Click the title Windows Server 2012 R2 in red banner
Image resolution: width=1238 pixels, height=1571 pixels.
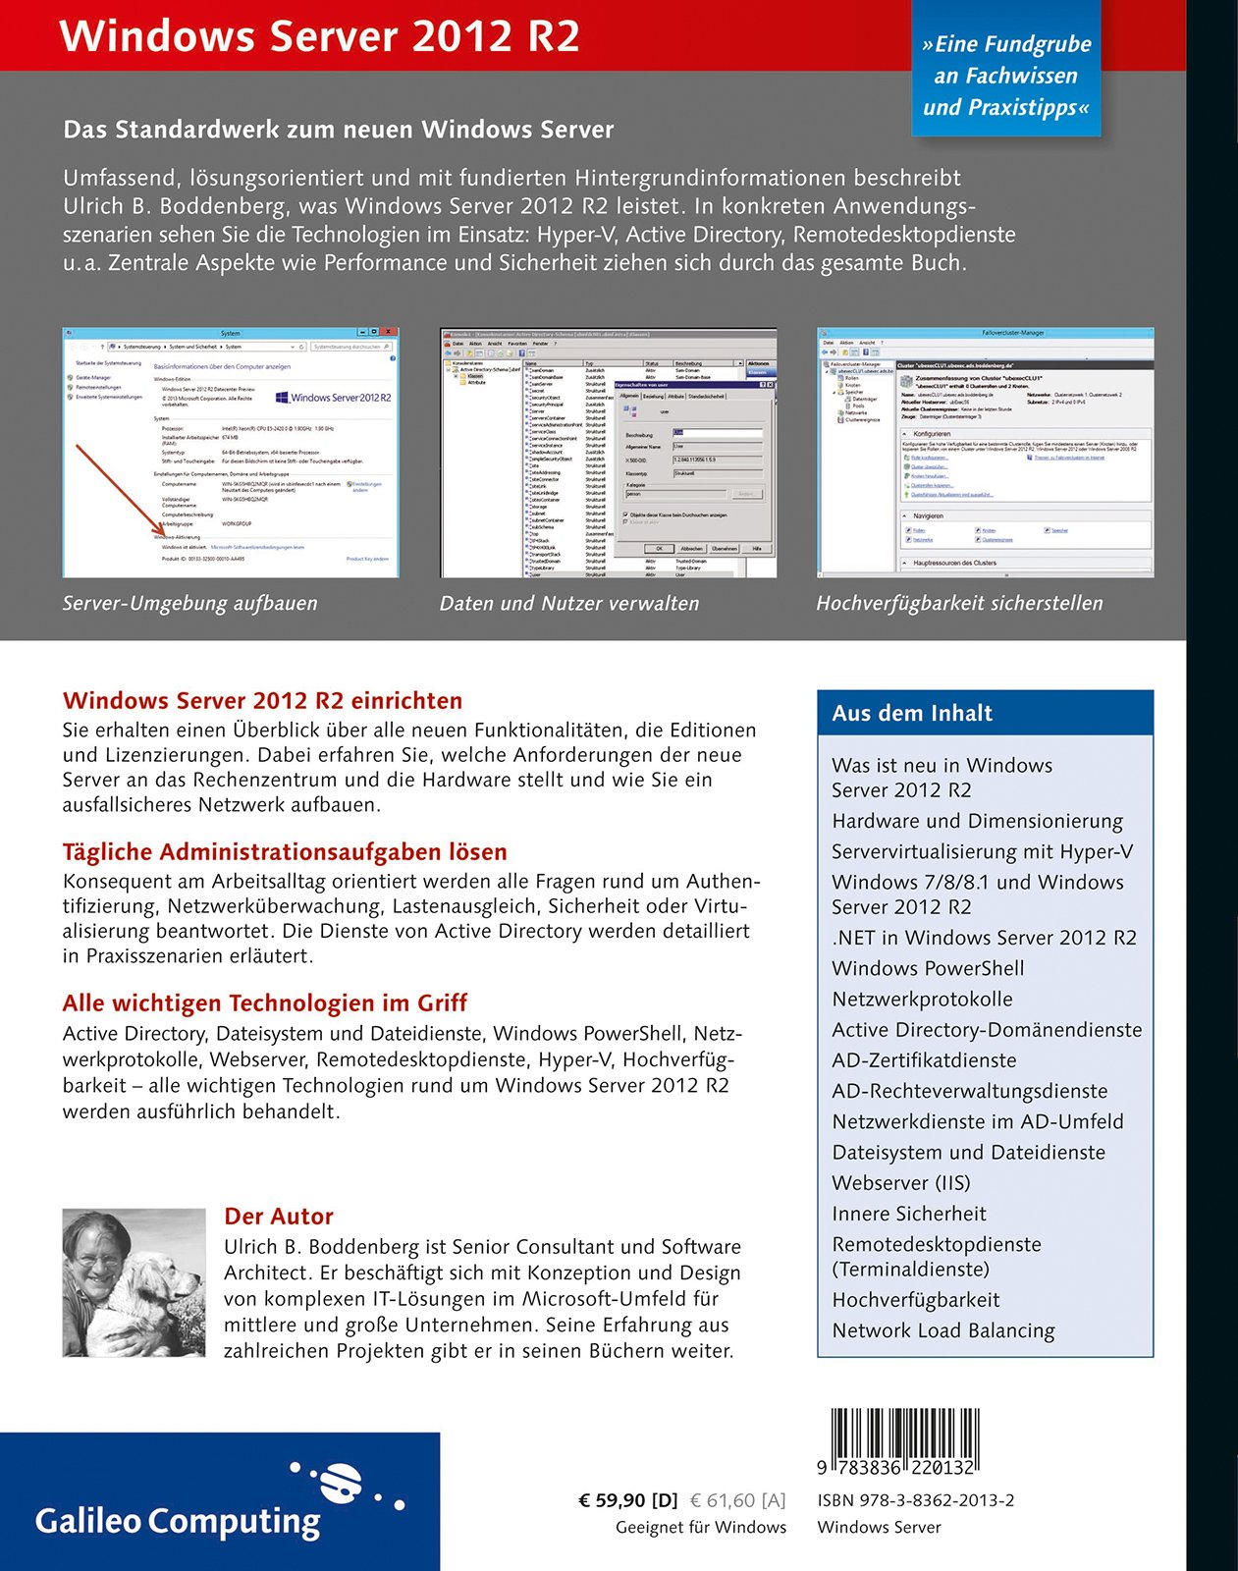(319, 36)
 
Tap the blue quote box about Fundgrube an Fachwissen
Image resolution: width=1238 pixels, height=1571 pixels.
(1005, 76)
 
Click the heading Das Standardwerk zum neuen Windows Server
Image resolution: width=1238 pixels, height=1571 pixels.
(338, 130)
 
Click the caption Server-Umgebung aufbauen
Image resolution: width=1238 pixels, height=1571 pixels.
(189, 603)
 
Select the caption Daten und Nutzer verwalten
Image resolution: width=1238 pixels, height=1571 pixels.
(568, 603)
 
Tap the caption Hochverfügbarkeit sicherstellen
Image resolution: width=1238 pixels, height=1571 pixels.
(959, 603)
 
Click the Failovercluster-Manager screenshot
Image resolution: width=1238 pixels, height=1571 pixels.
(985, 452)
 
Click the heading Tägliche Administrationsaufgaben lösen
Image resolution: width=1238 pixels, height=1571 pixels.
(285, 851)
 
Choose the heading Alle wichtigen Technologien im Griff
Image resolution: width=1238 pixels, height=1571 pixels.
(264, 1002)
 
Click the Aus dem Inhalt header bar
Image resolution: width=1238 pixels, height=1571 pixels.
(985, 713)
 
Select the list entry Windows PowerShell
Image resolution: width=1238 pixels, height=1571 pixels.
(928, 968)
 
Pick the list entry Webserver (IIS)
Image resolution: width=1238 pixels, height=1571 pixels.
(900, 1182)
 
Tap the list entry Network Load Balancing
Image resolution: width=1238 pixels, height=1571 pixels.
(942, 1330)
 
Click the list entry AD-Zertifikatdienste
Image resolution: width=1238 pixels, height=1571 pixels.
(924, 1060)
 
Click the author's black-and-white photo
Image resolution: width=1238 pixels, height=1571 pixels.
(134, 1282)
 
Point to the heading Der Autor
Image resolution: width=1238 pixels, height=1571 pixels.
(279, 1216)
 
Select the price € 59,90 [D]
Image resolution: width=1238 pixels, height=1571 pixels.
(628, 1500)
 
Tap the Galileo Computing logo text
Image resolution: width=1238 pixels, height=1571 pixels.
(178, 1521)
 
